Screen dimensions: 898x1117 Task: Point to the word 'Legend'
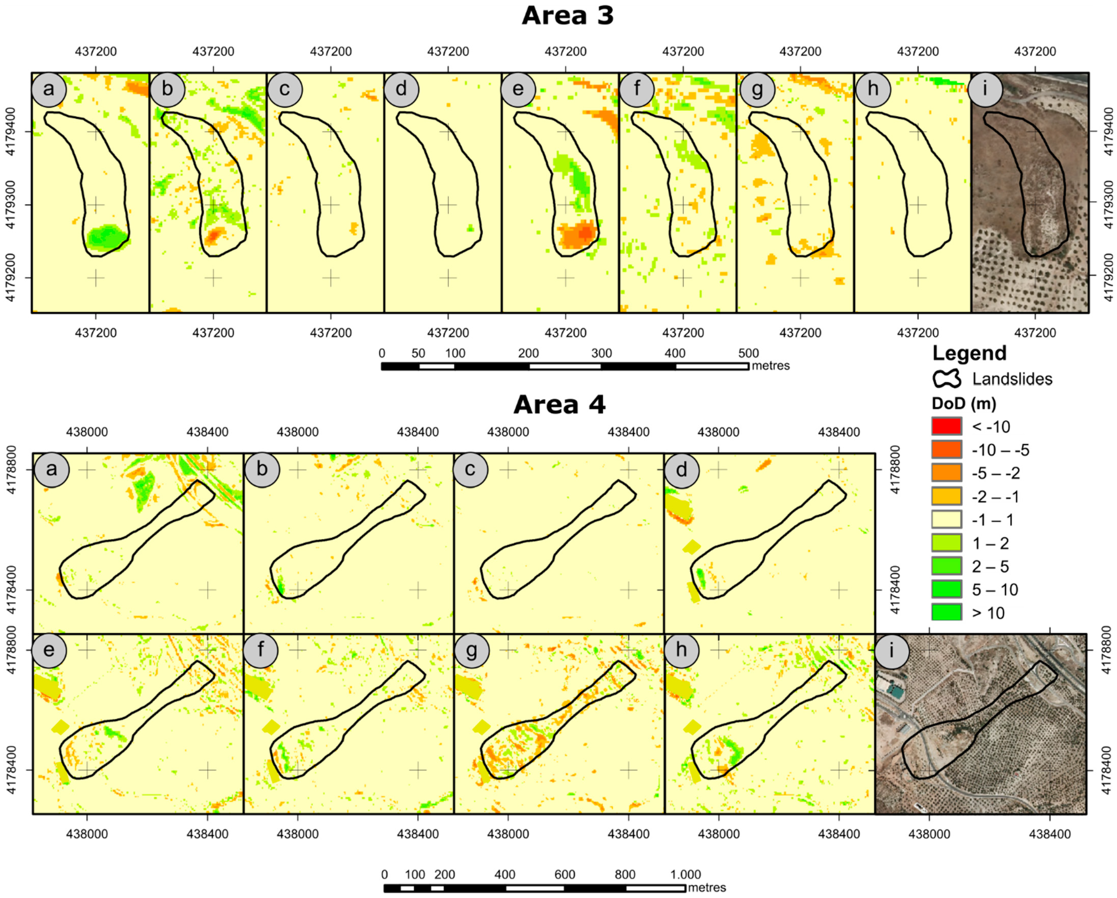point(969,353)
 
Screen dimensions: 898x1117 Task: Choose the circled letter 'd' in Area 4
point(681,470)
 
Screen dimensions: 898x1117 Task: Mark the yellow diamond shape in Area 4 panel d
point(691,547)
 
